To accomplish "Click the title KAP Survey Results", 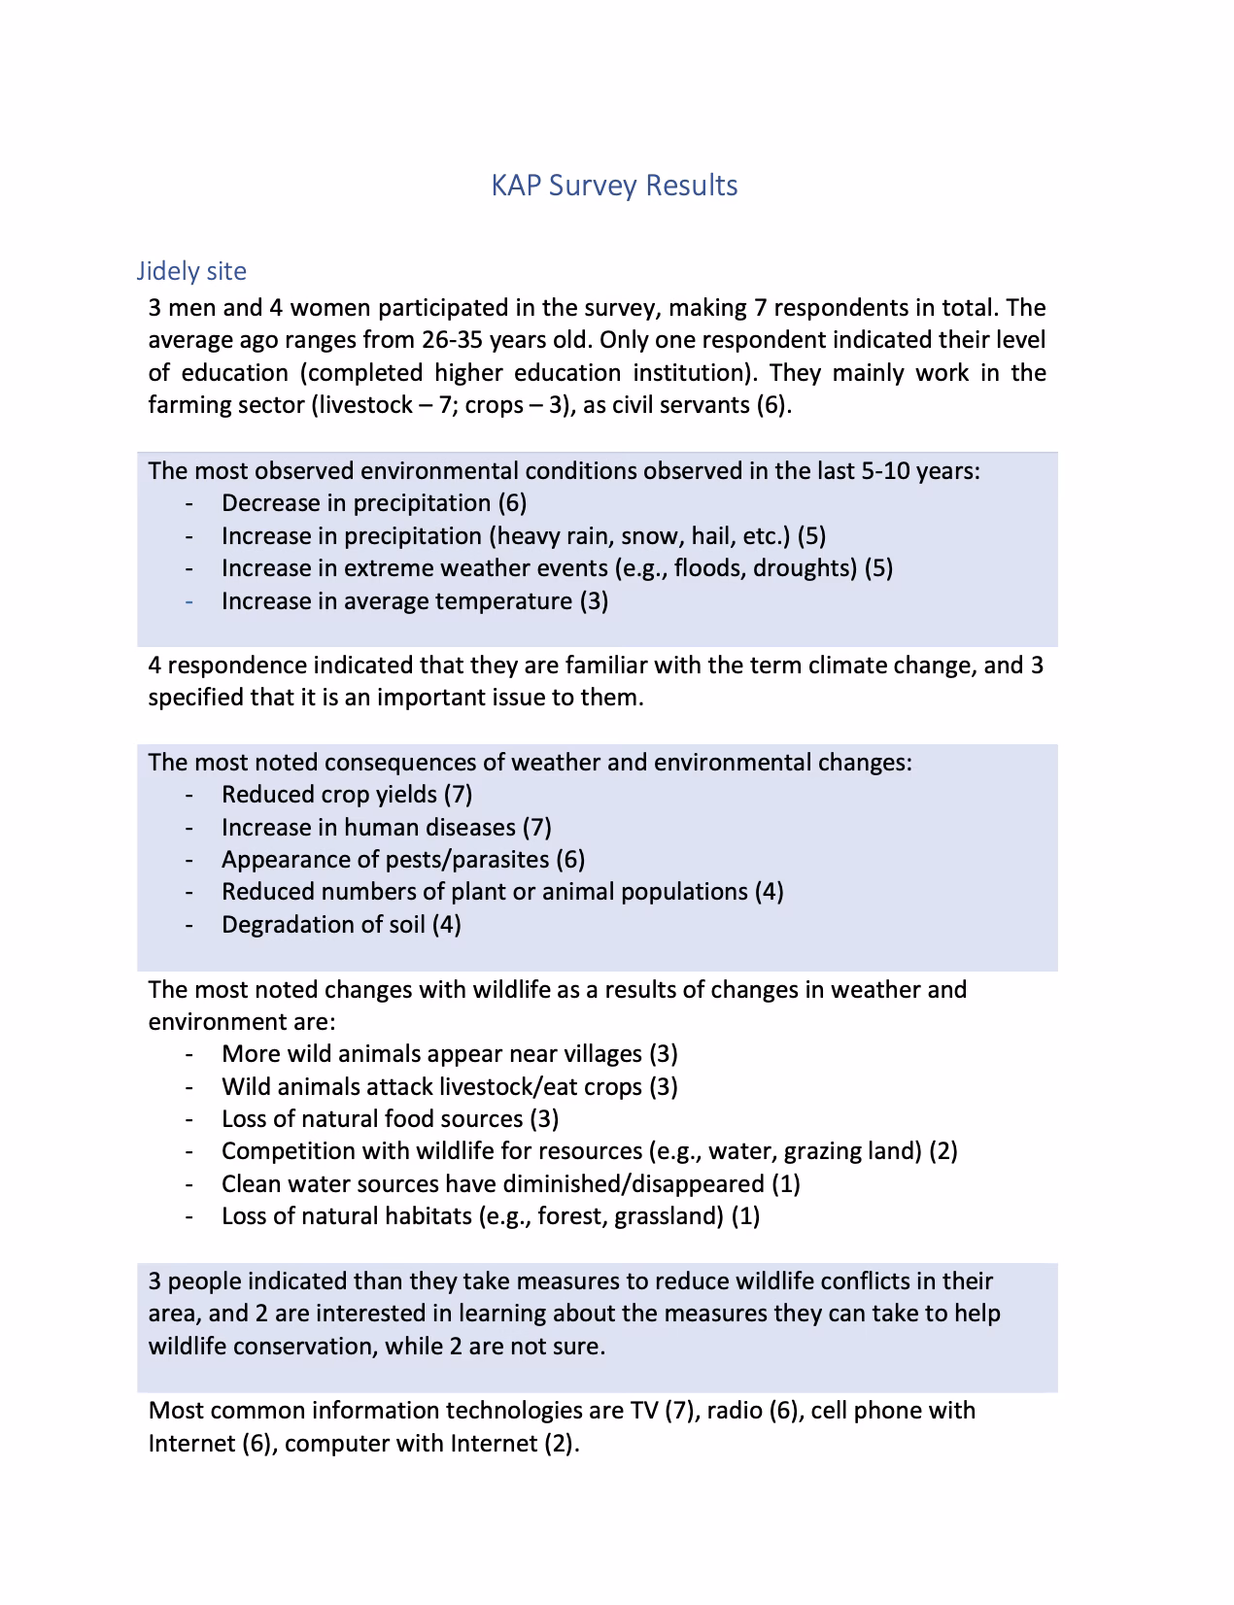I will click(614, 186).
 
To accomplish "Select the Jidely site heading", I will click(191, 271).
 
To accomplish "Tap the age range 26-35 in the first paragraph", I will click(452, 340).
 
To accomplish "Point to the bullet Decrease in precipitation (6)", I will click(374, 503).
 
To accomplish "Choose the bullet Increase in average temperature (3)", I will click(415, 601).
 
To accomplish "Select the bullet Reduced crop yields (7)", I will click(347, 795).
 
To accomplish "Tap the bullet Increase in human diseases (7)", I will click(386, 828).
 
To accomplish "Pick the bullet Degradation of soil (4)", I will click(341, 925).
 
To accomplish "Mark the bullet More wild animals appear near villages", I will click(449, 1054).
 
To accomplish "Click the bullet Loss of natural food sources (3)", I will click(390, 1119).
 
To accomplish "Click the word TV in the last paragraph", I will click(643, 1411).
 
